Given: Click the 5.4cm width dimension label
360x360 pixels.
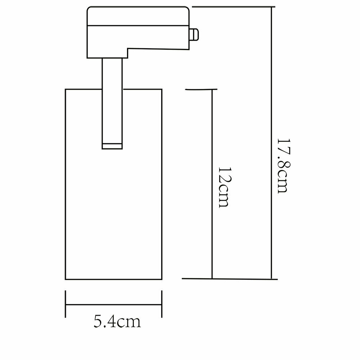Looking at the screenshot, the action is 117,321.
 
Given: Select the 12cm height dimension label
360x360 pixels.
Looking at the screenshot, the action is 224,187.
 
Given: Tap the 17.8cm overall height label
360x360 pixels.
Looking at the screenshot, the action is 283,166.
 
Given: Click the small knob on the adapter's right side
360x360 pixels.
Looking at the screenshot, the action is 194,35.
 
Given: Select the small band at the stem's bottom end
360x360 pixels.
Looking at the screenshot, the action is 112,145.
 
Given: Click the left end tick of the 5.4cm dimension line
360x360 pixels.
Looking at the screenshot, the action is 66,304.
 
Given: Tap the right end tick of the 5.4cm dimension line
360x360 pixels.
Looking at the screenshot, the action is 161,304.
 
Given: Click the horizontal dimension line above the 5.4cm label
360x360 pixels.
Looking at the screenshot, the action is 113,304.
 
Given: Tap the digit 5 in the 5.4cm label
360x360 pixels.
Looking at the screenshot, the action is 98,321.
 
